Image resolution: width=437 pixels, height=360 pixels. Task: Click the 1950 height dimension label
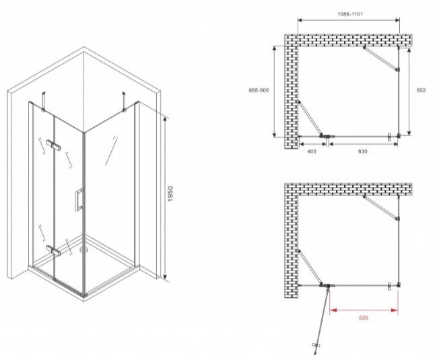170,194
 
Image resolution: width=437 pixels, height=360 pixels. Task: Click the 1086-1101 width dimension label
350,14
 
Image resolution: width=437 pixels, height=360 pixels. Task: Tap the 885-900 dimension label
259,90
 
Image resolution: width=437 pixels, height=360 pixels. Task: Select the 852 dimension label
421,90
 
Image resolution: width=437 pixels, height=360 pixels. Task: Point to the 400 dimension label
312,151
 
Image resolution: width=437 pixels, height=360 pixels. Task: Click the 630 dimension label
362,151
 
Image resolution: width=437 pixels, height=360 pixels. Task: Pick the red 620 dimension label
364,318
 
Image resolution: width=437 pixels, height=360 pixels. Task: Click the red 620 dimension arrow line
364,310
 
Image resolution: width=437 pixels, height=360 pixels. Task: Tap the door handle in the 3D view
79,200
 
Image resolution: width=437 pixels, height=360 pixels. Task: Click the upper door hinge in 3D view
53,145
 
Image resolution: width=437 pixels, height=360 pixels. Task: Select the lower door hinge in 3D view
53,250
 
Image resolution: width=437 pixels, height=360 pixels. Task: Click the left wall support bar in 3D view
43,102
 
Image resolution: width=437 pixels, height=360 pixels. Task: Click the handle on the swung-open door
316,345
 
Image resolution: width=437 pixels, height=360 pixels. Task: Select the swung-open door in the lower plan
322,320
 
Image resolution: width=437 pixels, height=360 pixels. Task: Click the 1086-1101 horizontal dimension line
349,20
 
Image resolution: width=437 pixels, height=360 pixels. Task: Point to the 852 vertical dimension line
409,92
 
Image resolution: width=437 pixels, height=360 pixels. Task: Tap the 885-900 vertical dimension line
275,92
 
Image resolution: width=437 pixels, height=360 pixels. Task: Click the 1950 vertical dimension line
165,198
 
